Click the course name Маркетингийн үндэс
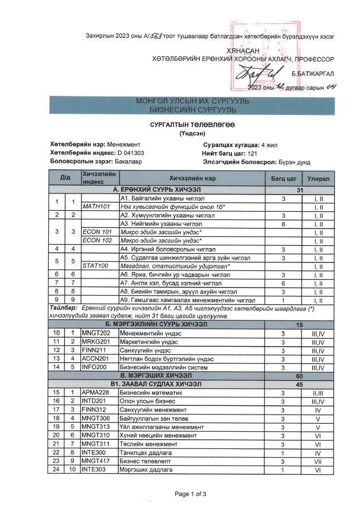147,343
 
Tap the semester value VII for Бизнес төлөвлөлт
318,461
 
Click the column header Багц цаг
283,178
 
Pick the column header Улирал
318,178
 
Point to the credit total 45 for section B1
299,385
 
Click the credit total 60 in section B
299,375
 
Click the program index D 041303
130,153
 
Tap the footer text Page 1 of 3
190,494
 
